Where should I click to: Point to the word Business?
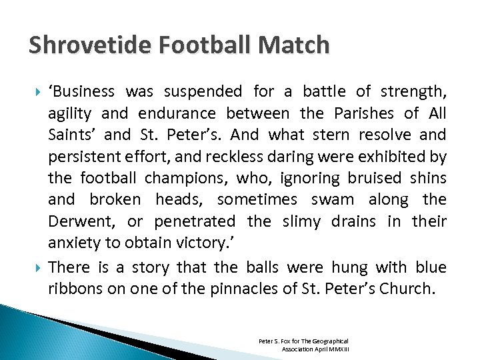coord(82,91)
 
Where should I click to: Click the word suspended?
coord(208,91)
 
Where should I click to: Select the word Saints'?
coord(73,135)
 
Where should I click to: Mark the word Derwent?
coord(75,221)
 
